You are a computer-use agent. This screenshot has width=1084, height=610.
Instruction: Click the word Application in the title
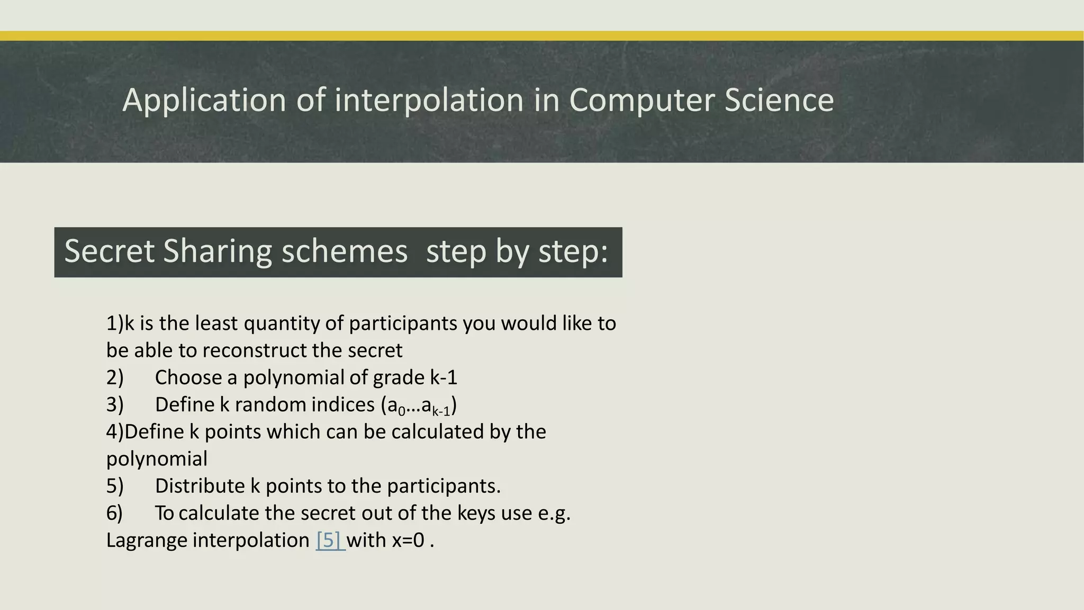coord(204,101)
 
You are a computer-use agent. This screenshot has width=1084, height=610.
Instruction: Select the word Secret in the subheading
coord(109,251)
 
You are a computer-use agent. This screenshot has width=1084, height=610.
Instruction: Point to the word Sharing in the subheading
coord(218,251)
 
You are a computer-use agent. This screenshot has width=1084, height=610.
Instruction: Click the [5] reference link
coord(330,540)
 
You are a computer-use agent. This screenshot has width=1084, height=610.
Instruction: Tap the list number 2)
coord(115,378)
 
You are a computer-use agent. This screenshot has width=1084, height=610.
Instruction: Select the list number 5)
coord(115,486)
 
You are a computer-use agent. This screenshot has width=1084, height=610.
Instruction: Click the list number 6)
coord(115,513)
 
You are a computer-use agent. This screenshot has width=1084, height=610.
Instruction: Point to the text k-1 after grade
coord(444,378)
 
